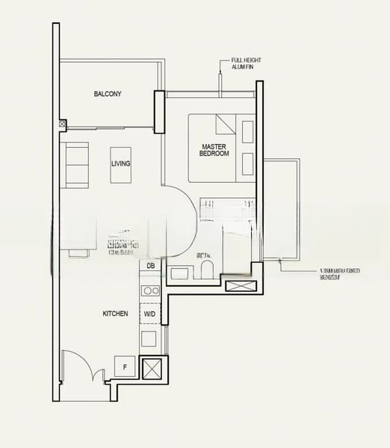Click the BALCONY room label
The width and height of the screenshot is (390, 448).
tap(108, 94)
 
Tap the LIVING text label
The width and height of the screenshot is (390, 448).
tap(120, 164)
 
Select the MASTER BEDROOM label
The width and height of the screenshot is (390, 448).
tap(214, 149)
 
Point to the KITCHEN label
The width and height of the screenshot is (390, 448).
tap(115, 314)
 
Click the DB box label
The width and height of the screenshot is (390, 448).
tap(150, 266)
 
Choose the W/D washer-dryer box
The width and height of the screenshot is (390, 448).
tap(150, 314)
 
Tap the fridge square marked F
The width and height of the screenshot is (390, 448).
tap(123, 367)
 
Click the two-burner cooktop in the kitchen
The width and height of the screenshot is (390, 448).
tap(150, 290)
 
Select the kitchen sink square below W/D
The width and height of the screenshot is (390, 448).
tap(149, 339)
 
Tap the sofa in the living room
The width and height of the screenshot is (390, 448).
tap(76, 164)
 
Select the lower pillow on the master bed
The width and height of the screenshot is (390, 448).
tap(248, 164)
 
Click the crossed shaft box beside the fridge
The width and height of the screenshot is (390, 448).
tap(153, 369)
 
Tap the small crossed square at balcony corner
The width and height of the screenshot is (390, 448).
tap(62, 124)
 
